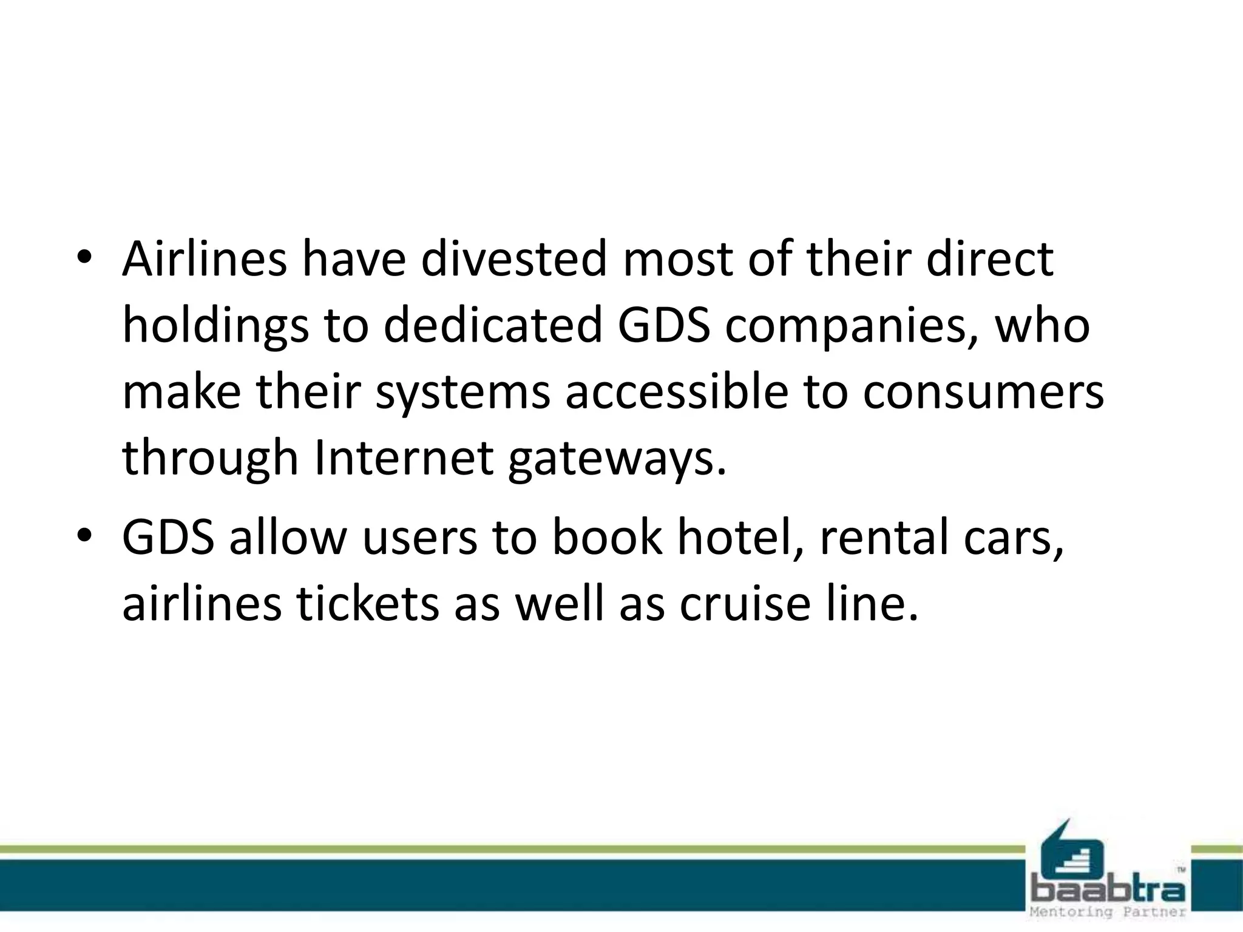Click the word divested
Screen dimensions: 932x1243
pos(513,259)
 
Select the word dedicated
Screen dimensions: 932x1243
pos(492,325)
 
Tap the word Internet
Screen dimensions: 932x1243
pos(404,457)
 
